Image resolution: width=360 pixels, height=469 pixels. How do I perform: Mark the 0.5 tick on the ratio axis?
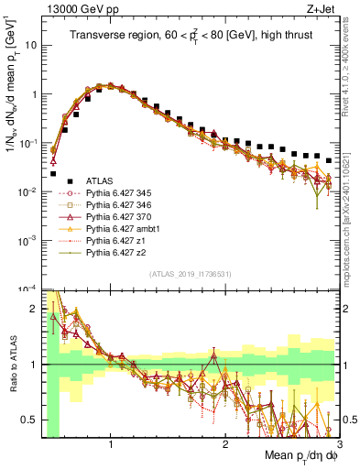point(34,420)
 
